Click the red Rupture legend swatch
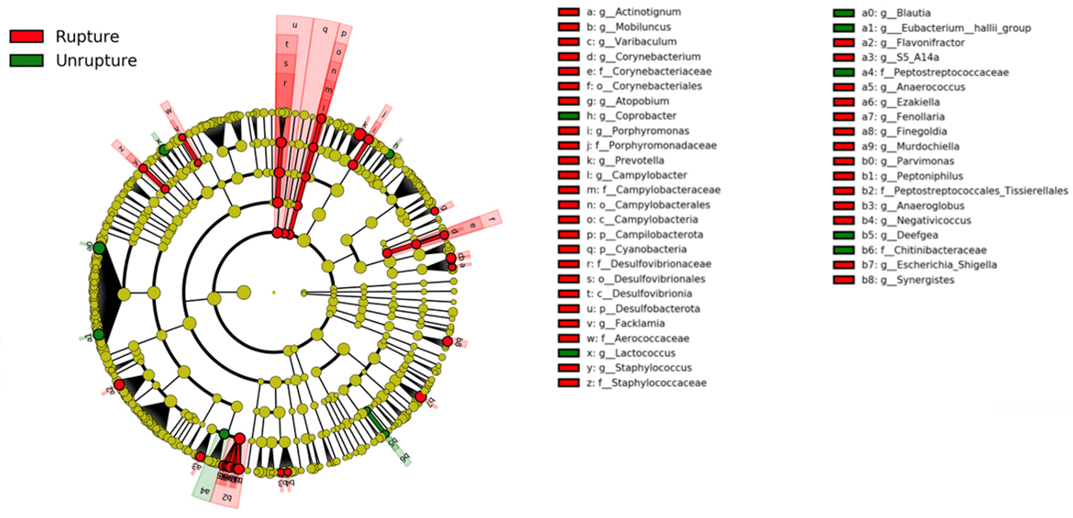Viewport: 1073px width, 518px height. pos(26,36)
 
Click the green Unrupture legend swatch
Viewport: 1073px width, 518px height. pos(26,60)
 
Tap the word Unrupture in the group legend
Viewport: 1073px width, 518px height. pos(96,60)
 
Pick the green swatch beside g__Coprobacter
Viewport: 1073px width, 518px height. pos(568,116)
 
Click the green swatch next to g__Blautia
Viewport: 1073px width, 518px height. pos(844,13)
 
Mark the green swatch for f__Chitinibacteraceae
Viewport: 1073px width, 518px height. pos(844,251)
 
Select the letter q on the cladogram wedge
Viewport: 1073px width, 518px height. pos(324,29)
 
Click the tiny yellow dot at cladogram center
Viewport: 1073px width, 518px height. pos(273,292)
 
